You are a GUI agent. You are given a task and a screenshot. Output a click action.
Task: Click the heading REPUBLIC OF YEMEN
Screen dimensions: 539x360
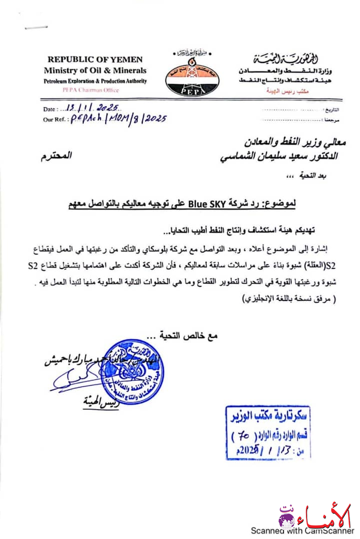pos(95,59)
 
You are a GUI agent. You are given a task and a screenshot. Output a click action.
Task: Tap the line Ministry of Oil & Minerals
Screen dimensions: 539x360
pos(95,70)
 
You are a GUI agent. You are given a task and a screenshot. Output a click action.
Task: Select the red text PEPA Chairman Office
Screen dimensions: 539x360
pos(95,90)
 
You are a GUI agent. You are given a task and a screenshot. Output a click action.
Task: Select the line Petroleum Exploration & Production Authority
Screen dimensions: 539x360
pos(95,81)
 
